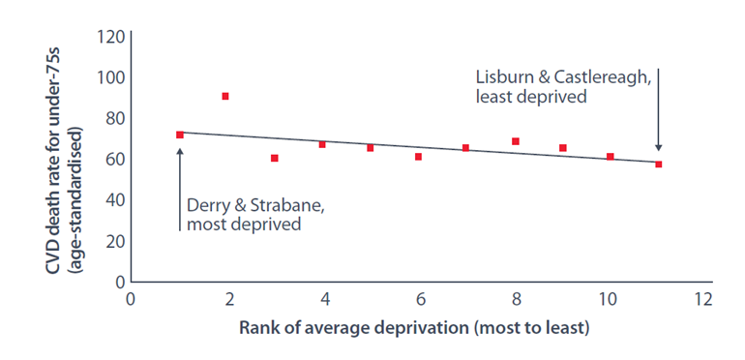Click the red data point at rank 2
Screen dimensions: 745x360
point(225,97)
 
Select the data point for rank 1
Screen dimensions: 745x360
point(180,135)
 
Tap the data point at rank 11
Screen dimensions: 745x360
point(659,165)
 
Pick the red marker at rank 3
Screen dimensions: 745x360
point(274,158)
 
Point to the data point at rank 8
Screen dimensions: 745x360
point(516,141)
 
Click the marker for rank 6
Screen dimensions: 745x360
point(418,157)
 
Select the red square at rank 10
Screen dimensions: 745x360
point(611,157)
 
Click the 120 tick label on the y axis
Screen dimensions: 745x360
point(110,37)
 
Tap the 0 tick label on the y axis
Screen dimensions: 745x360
point(120,282)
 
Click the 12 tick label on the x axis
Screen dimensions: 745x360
point(702,300)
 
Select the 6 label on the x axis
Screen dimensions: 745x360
point(419,300)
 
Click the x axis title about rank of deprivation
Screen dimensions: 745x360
point(414,328)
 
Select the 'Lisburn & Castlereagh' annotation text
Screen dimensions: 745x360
point(563,77)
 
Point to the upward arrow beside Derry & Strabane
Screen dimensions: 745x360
point(180,190)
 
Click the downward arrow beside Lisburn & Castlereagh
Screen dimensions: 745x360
point(659,110)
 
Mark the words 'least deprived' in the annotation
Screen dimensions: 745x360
point(531,97)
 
